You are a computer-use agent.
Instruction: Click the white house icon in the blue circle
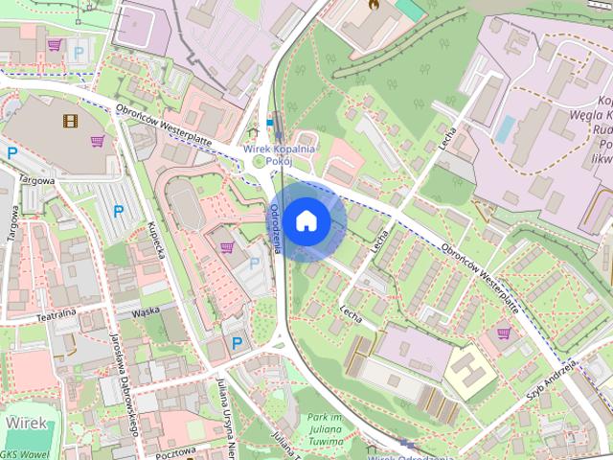pyautogui.click(x=306, y=221)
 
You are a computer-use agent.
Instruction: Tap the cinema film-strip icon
pyautogui.click(x=69, y=121)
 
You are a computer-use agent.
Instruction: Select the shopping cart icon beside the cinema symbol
pyautogui.click(x=97, y=142)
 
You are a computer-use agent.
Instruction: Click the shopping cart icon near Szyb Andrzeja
pyautogui.click(x=504, y=333)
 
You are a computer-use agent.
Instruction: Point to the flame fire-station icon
pyautogui.click(x=372, y=6)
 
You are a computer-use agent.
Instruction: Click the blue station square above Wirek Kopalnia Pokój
pyautogui.click(x=270, y=124)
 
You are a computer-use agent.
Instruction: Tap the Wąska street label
pyautogui.click(x=146, y=310)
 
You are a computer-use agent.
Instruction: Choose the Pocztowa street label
pyautogui.click(x=173, y=449)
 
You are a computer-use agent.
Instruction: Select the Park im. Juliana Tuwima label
pyautogui.click(x=325, y=425)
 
